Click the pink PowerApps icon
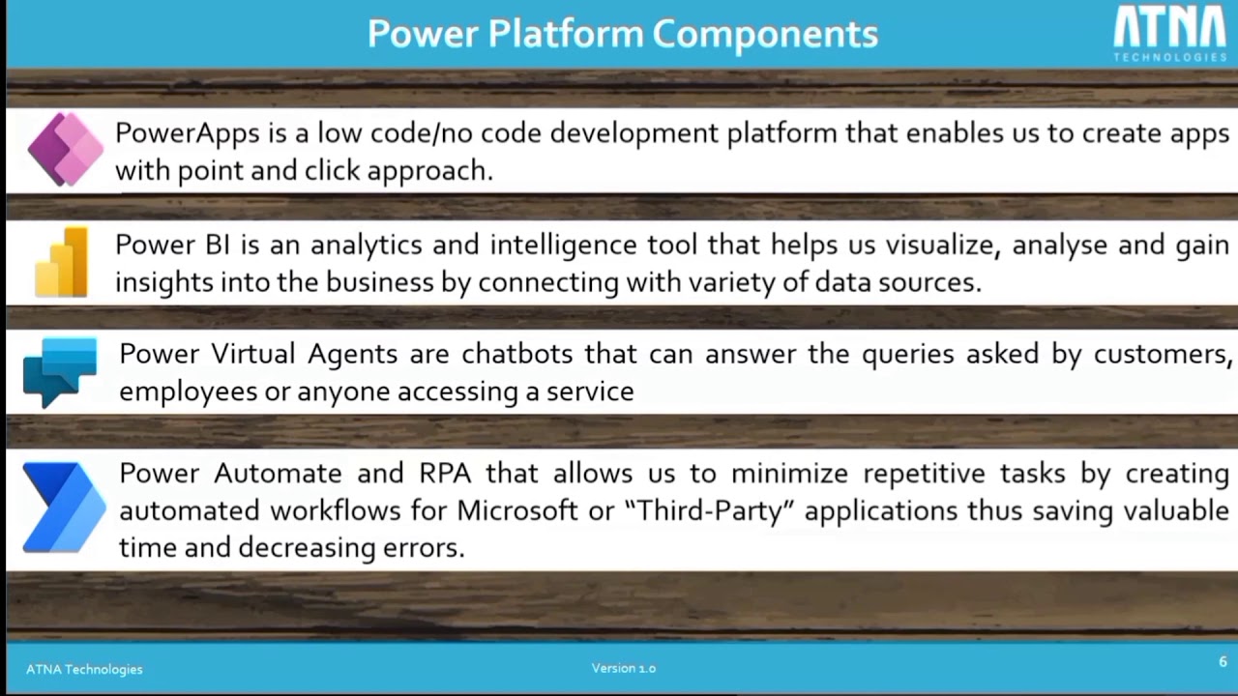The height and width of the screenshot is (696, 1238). [65, 150]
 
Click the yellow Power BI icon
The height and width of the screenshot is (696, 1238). [63, 263]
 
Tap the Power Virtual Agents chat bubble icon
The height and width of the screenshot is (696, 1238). [60, 371]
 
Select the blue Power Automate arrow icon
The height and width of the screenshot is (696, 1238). [64, 507]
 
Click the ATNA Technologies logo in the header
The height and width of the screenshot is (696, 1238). [1169, 34]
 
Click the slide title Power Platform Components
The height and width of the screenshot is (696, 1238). [622, 34]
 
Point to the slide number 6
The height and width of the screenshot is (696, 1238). [1223, 662]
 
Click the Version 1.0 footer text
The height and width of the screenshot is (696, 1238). [623, 668]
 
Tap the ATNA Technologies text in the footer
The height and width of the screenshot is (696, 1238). [84, 669]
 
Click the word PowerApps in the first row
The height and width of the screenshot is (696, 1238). [173, 133]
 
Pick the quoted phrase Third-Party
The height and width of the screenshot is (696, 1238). [716, 510]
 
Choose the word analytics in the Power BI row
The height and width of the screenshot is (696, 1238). [366, 246]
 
